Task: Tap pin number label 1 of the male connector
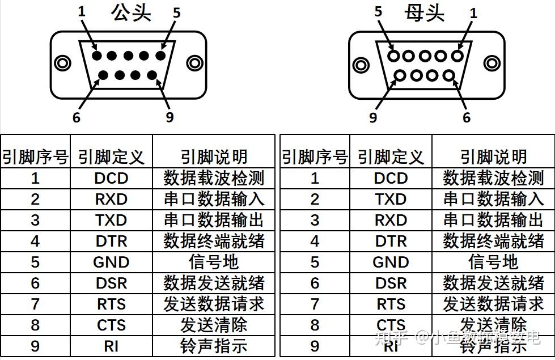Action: click(x=82, y=11)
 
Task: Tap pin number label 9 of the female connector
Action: click(x=373, y=117)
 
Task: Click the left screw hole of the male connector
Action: click(x=63, y=63)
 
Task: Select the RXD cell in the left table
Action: click(x=111, y=200)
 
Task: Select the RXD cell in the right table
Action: click(x=391, y=221)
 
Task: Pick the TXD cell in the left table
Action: click(x=111, y=221)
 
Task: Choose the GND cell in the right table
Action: click(x=391, y=262)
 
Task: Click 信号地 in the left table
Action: click(x=214, y=262)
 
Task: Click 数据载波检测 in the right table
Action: click(x=493, y=179)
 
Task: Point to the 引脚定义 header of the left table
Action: click(x=111, y=157)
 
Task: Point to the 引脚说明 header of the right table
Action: click(x=493, y=157)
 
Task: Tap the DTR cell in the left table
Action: click(x=111, y=242)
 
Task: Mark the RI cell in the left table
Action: click(x=111, y=346)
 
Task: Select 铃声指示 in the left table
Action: click(x=214, y=346)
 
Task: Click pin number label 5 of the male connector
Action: click(x=176, y=12)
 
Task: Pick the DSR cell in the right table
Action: click(x=391, y=283)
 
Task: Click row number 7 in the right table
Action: click(x=315, y=304)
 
